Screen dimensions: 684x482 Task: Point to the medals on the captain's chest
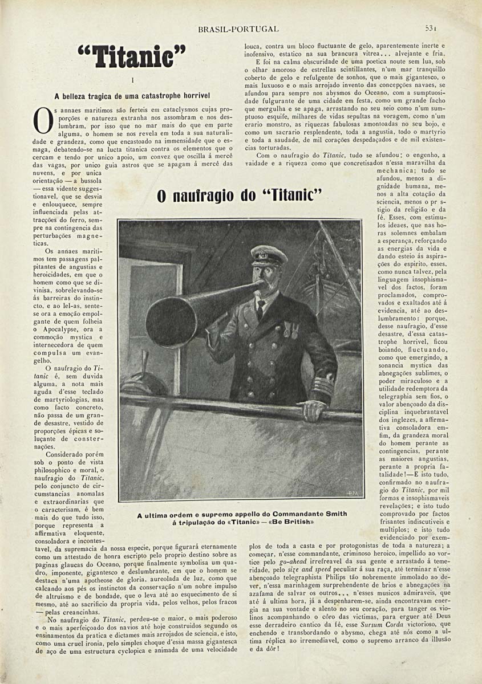[x=291, y=330]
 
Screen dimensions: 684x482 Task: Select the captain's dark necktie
[x=260, y=311]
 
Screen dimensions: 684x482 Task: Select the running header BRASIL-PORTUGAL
[x=238, y=28]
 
